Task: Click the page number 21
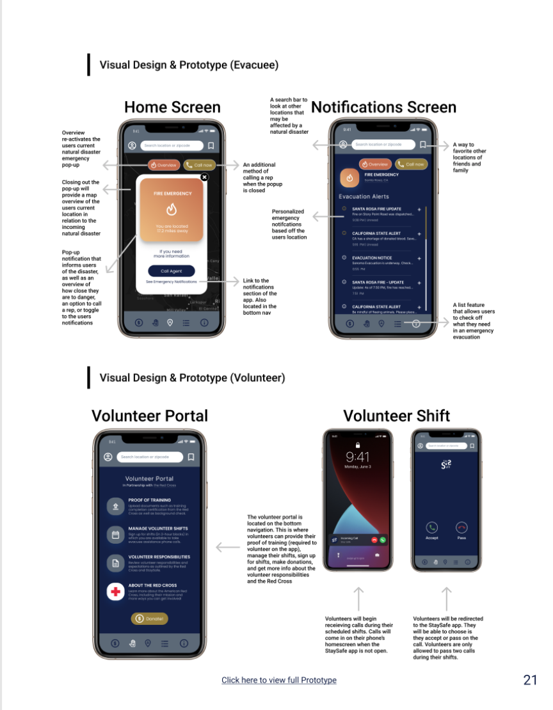[530, 679]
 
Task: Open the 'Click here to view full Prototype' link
[279, 680]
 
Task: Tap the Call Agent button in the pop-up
[171, 271]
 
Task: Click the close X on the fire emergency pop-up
[204, 177]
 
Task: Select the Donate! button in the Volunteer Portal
[150, 619]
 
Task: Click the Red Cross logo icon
[115, 592]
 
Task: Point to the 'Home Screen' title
[172, 107]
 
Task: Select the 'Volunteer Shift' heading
[396, 416]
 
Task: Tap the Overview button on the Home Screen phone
[164, 165]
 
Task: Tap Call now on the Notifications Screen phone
[412, 164]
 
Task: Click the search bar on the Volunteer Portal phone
[150, 457]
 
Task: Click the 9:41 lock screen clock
[358, 457]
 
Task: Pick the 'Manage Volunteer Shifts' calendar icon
[116, 535]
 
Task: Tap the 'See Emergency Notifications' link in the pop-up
[171, 281]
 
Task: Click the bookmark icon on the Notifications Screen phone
[423, 145]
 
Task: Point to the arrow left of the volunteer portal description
[227, 547]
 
